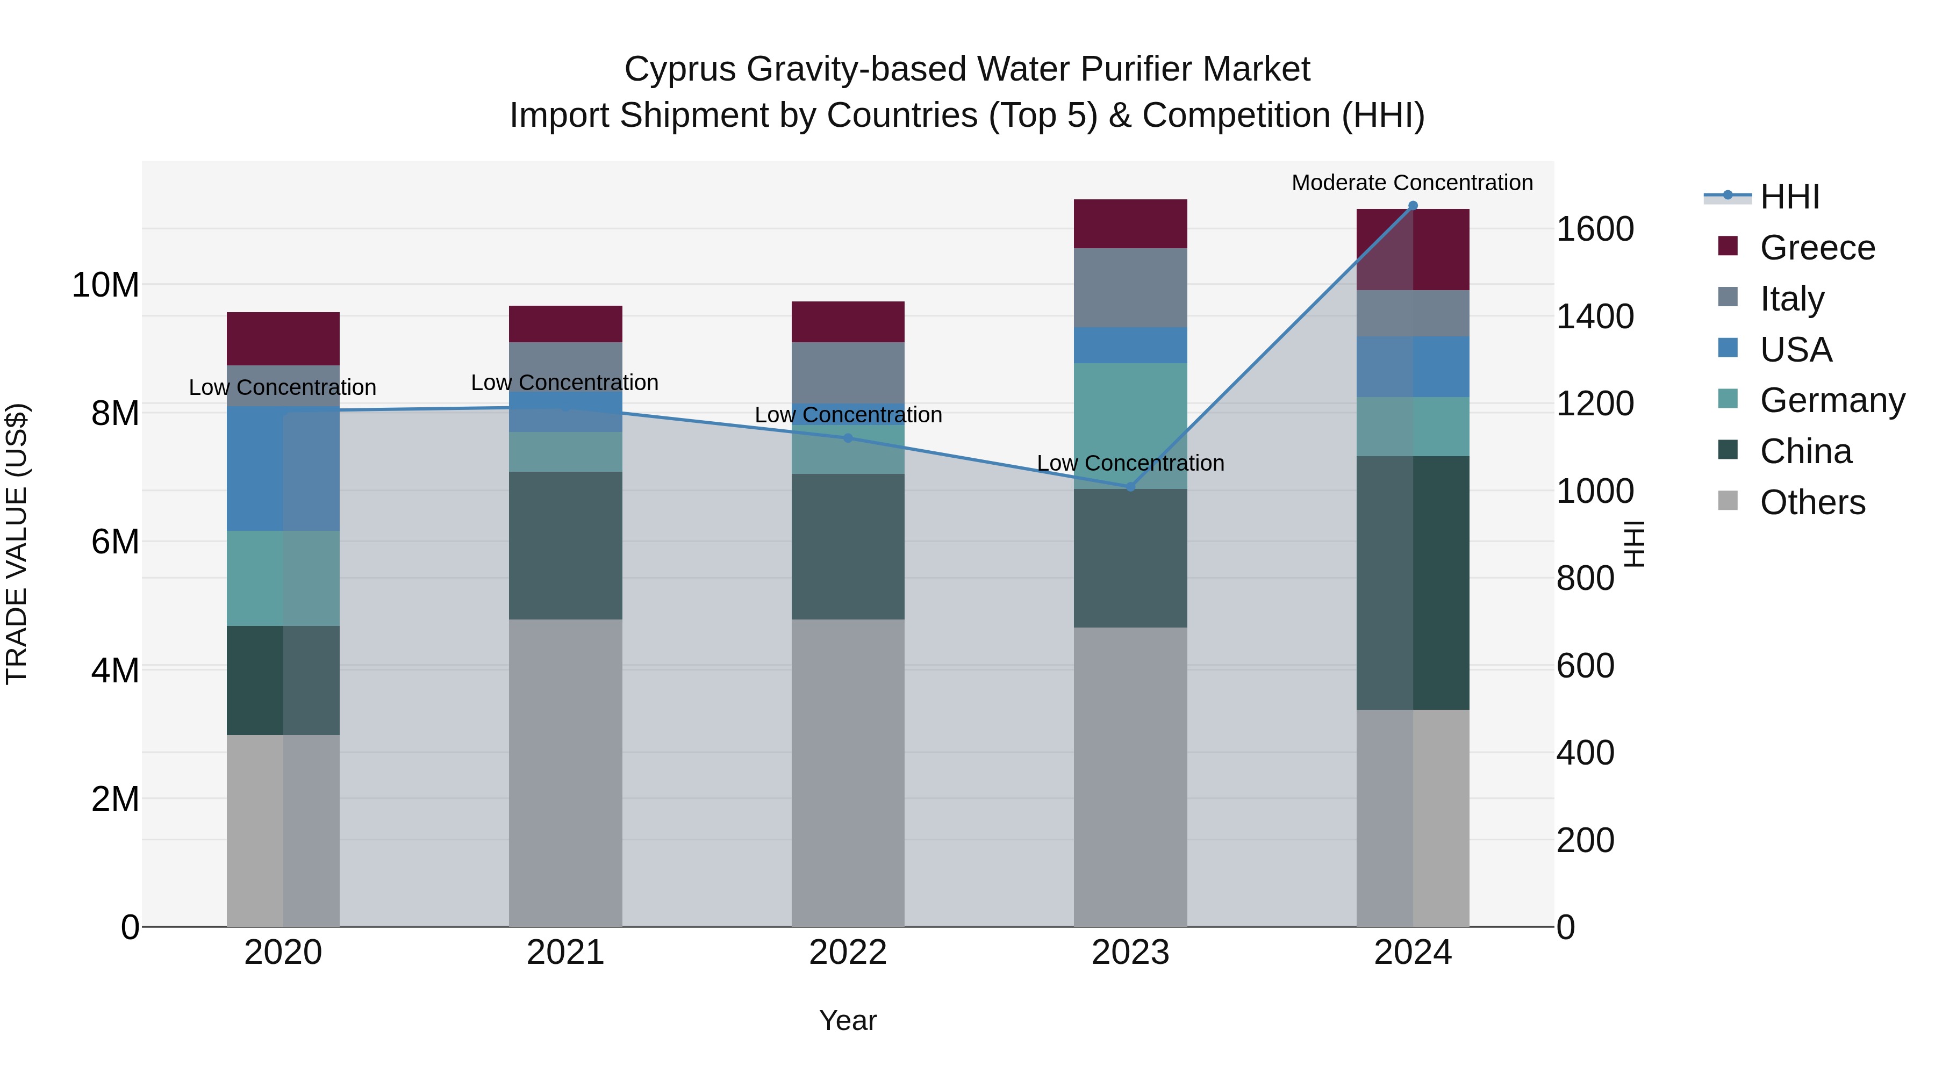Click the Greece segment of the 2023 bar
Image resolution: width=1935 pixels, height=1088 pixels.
tap(1130, 224)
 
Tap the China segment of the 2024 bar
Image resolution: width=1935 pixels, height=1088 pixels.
tap(1412, 582)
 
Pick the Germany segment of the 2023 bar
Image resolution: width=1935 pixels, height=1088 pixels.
tap(1130, 426)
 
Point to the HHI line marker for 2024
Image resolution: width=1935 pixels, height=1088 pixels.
tap(1412, 206)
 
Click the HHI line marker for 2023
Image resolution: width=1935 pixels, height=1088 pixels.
tap(1130, 487)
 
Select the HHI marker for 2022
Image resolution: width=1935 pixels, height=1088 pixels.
tap(848, 438)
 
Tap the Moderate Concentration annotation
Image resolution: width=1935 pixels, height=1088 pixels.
tap(1411, 183)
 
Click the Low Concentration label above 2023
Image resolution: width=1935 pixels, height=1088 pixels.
tap(1130, 463)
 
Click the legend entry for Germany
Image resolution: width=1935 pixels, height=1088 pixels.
tap(1832, 400)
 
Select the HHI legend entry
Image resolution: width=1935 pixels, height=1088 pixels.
tap(1789, 197)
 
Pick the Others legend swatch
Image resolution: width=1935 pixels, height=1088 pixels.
tap(1728, 501)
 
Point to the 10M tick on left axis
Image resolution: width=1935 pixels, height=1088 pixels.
tap(105, 285)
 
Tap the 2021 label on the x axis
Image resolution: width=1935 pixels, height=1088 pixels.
tap(565, 953)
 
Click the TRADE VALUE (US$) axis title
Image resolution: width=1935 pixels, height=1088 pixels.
tap(17, 544)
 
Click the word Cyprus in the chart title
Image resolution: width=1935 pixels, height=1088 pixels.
tap(680, 69)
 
